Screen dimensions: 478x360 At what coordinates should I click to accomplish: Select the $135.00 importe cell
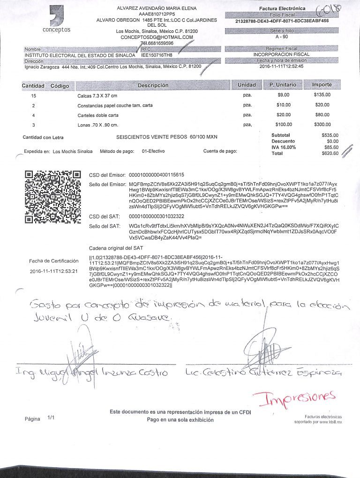(322, 95)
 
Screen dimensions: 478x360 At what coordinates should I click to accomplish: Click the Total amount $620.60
(330, 153)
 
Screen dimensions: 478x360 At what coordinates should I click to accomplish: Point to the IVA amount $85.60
(330, 147)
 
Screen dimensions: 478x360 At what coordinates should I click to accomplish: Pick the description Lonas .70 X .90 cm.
(97, 125)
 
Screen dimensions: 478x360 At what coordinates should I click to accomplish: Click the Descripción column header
(153, 86)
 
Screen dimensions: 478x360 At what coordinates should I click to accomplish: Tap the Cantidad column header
(33, 86)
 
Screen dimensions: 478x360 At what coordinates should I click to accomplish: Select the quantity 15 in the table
(33, 95)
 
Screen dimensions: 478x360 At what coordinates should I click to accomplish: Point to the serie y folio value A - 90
(282, 36)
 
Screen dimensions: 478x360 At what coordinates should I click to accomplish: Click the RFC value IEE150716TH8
(157, 55)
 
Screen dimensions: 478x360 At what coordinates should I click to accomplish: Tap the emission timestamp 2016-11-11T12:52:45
(281, 66)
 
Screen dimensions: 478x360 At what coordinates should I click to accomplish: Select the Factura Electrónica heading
(282, 9)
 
